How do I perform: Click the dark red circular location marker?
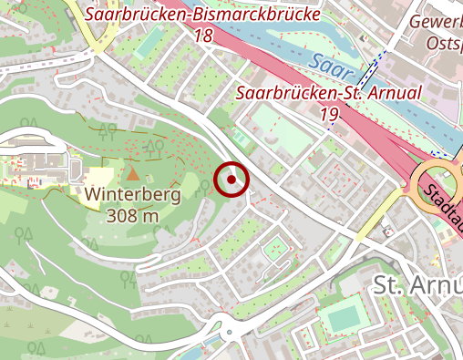click(231, 180)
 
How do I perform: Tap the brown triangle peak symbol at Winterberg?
click(133, 173)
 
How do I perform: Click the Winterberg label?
click(132, 195)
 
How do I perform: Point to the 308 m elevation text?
click(132, 216)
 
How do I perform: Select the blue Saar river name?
click(327, 64)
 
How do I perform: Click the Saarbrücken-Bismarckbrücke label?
click(202, 15)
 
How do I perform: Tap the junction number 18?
click(202, 36)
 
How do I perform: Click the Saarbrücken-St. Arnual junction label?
click(328, 93)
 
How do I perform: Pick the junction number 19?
click(328, 113)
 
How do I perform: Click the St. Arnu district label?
click(417, 285)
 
